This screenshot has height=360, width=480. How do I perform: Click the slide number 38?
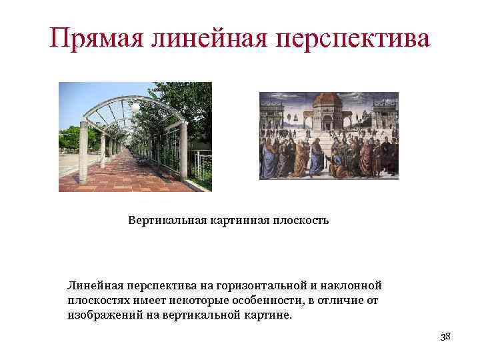click(445, 337)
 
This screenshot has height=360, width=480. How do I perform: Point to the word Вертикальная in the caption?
click(164, 220)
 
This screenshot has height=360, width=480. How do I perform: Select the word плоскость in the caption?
click(300, 220)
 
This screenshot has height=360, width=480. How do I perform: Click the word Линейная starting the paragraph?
click(92, 285)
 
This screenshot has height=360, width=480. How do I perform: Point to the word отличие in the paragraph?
click(339, 300)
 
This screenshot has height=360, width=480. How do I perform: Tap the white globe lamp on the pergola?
click(135, 106)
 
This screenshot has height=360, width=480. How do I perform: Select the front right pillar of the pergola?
click(183, 150)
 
